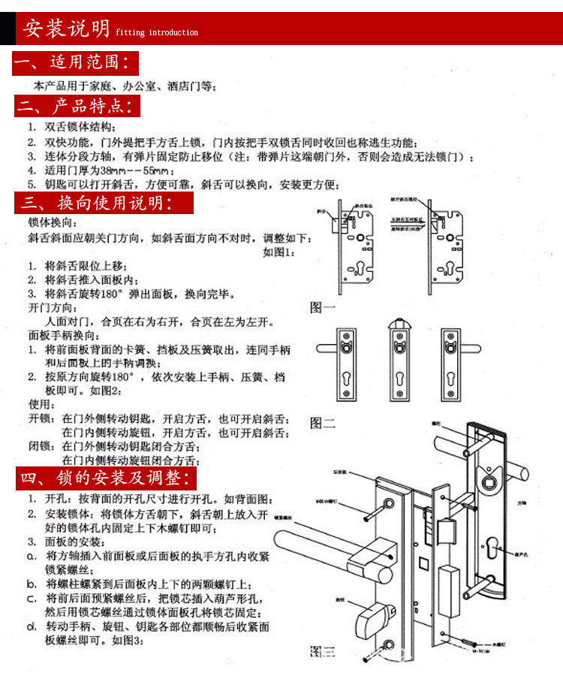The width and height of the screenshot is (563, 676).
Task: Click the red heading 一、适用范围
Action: pyautogui.click(x=76, y=62)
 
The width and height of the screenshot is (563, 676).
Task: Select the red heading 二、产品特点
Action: pyautogui.click(x=77, y=106)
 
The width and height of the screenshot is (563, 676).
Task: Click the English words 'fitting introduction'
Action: pyautogui.click(x=157, y=32)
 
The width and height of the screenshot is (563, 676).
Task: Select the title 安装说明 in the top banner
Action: pyautogui.click(x=66, y=29)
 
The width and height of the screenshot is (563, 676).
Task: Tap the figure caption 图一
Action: pyautogui.click(x=323, y=307)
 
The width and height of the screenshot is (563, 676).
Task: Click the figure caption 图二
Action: pyautogui.click(x=323, y=423)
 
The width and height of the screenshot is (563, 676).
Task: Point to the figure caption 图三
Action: pyautogui.click(x=323, y=650)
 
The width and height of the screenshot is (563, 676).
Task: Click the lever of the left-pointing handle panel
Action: pyautogui.click(x=328, y=348)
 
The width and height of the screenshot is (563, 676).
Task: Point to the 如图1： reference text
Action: pyautogui.click(x=278, y=252)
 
